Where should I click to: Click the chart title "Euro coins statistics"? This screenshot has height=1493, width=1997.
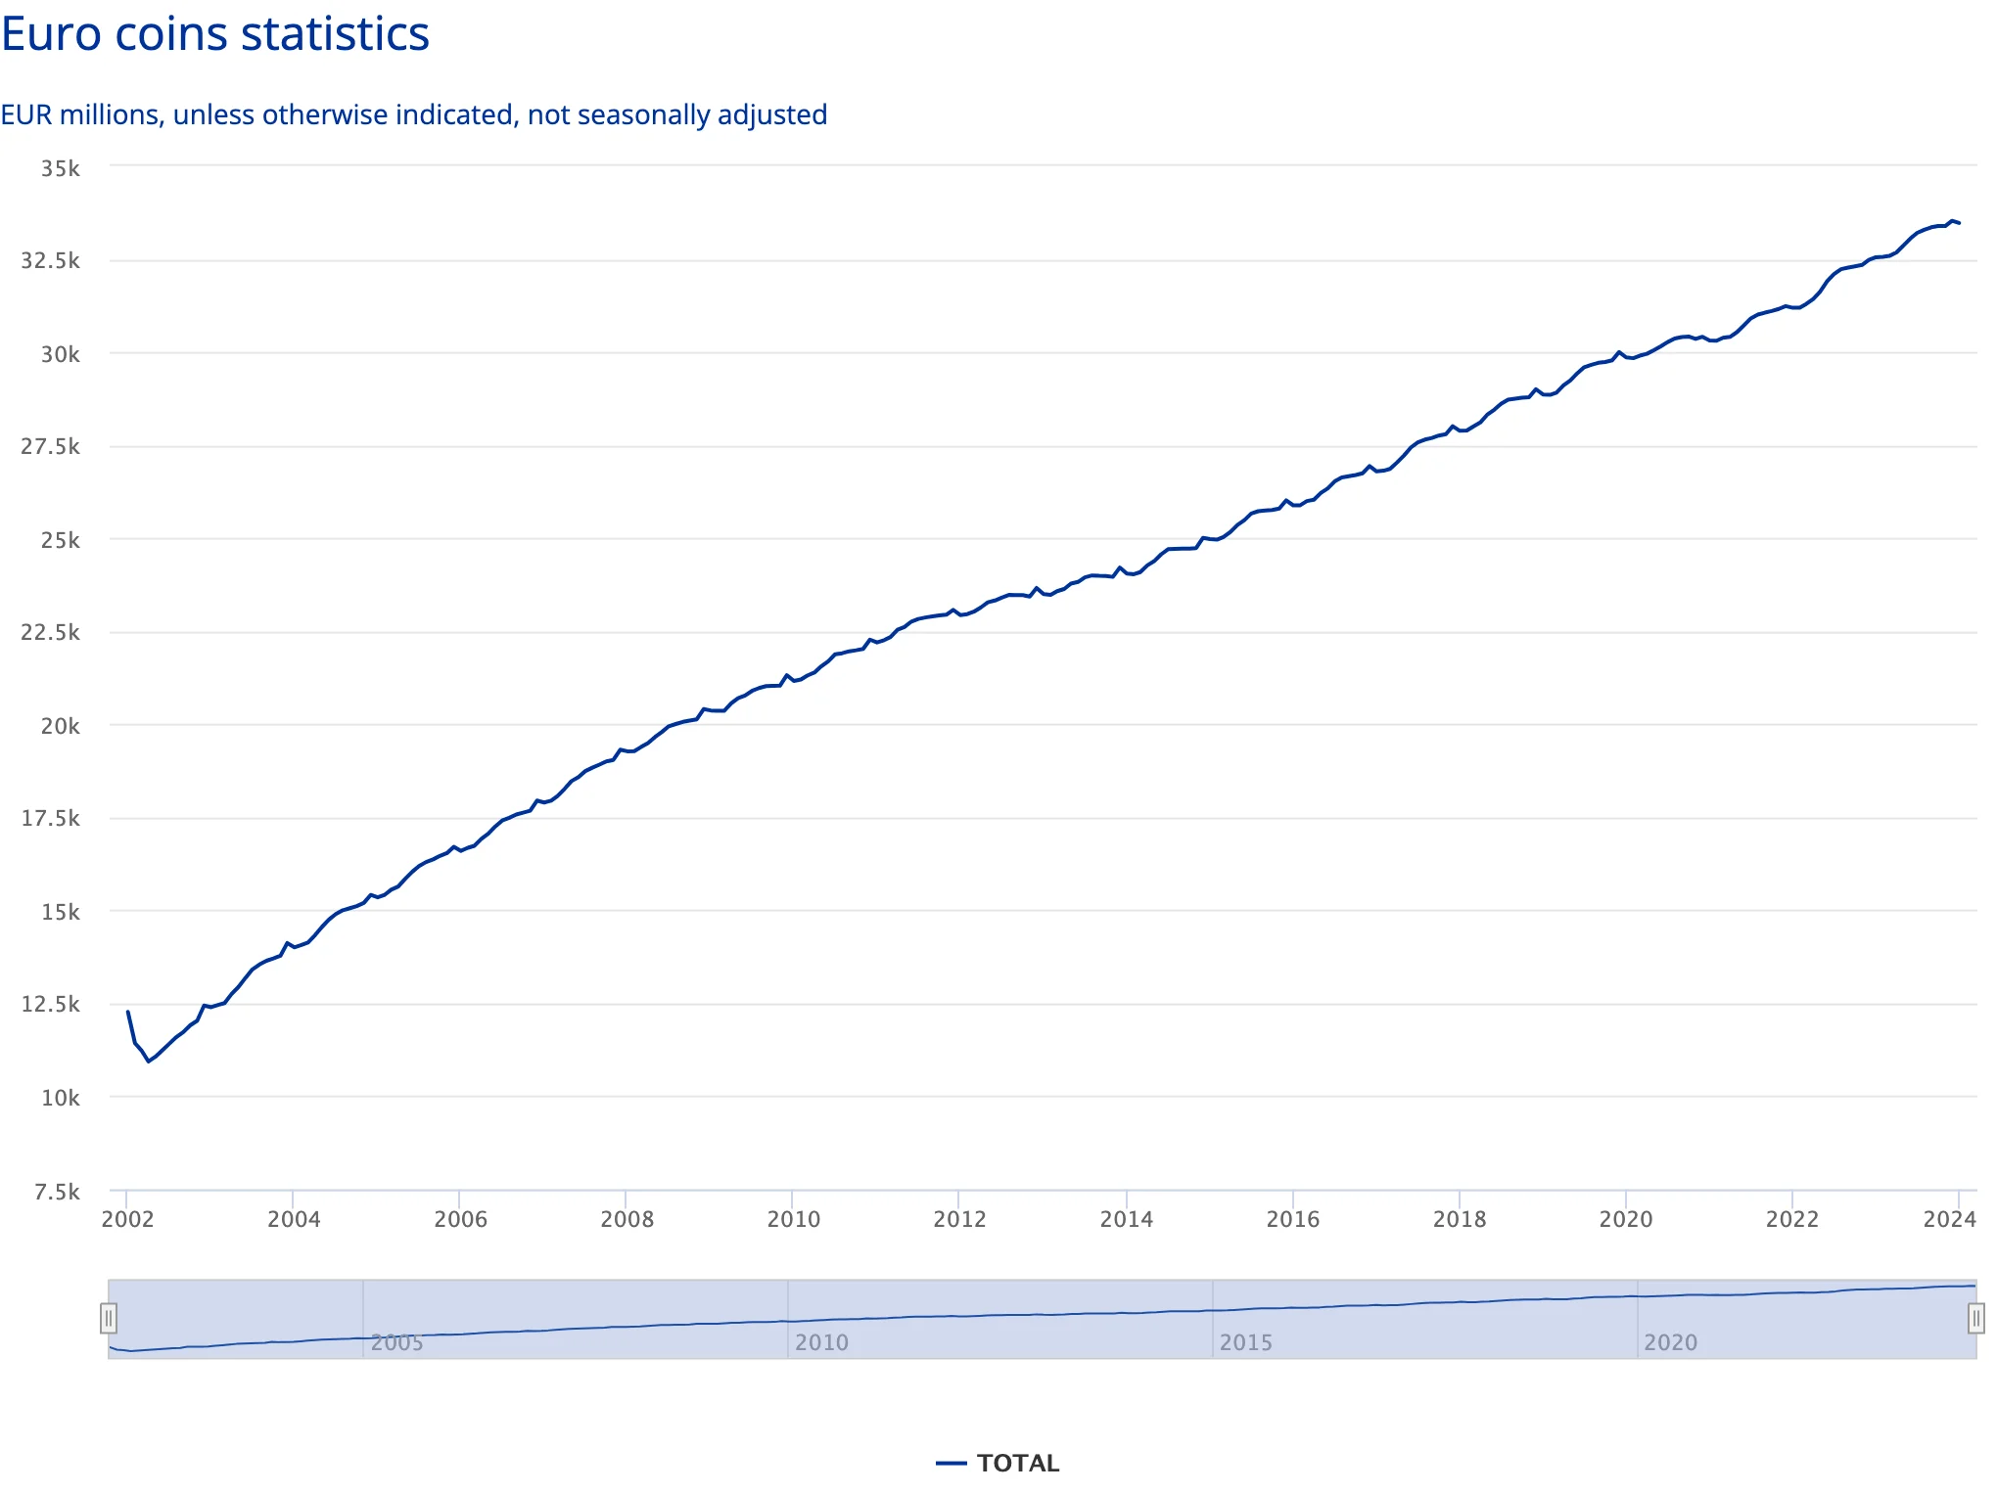click(215, 34)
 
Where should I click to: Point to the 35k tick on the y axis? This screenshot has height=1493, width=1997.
click(61, 168)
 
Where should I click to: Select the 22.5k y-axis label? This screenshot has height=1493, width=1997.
click(51, 632)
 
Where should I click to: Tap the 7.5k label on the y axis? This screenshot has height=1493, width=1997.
click(57, 1192)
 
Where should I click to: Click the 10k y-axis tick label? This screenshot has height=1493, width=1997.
click(61, 1098)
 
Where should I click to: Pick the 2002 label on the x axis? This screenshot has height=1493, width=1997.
click(128, 1219)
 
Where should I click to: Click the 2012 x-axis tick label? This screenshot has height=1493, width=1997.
click(959, 1219)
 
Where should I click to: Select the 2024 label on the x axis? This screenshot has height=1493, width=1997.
click(1949, 1219)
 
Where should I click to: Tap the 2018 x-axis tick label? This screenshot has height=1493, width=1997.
click(1460, 1219)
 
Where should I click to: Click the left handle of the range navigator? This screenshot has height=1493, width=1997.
click(109, 1319)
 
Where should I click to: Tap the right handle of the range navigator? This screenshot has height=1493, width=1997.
click(1976, 1319)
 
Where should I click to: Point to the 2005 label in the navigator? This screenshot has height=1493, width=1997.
click(397, 1342)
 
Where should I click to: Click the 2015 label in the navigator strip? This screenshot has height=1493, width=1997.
click(1246, 1342)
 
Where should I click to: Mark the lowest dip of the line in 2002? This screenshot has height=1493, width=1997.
click(149, 1062)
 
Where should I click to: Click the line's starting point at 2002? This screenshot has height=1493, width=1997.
click(128, 1012)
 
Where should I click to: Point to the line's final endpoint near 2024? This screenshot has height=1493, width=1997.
click(1959, 223)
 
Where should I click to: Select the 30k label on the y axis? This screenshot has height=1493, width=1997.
click(61, 354)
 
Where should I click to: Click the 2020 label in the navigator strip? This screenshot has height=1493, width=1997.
click(1671, 1342)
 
